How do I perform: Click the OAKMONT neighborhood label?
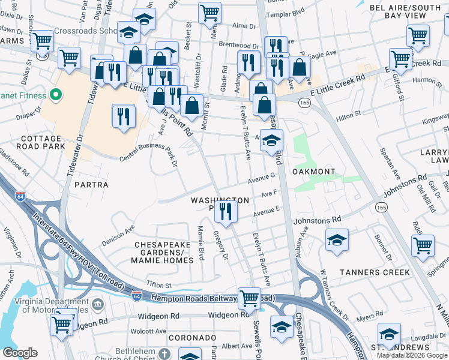313,172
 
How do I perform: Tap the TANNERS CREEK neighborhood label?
375,272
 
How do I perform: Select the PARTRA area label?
91,185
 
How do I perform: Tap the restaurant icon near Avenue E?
226,211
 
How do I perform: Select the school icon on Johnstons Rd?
337,239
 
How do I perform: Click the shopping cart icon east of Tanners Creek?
423,245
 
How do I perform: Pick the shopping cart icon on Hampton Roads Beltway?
249,298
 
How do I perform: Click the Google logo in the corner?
20,353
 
